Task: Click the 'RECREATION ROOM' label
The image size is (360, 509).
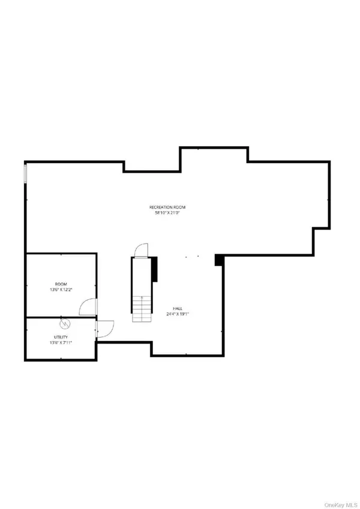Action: point(166,207)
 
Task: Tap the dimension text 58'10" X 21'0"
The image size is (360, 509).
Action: point(166,213)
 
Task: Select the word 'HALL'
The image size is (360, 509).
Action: point(178,309)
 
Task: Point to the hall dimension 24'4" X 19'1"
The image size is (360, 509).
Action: point(178,314)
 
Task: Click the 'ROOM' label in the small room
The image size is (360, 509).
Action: point(61,284)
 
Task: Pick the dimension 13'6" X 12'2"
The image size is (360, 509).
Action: point(61,290)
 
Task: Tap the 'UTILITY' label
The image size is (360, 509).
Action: point(61,339)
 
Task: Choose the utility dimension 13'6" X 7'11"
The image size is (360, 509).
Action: point(61,344)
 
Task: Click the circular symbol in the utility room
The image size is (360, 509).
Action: point(65,324)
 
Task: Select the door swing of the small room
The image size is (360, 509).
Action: point(88,306)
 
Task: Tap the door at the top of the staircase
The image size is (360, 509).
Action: point(140,250)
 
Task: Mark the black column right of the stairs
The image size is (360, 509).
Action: point(154,268)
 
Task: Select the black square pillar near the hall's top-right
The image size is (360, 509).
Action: point(219,259)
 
